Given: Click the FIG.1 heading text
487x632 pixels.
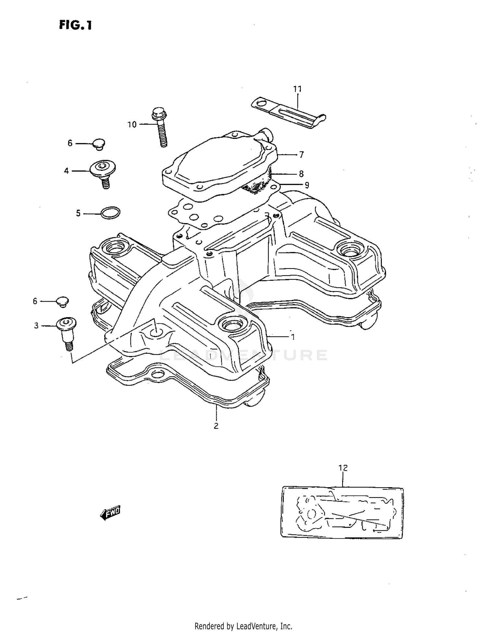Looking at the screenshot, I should click(75, 25).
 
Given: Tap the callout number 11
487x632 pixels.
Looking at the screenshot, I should click(297, 89).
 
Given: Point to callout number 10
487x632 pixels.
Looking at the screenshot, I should click(132, 125).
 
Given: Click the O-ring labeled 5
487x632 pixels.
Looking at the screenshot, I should click(110, 213).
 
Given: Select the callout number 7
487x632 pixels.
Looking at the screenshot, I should click(301, 155).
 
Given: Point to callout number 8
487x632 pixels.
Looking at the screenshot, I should click(301, 174).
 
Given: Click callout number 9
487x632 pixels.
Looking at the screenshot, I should click(306, 185).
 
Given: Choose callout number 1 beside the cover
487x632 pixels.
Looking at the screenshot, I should click(293, 337).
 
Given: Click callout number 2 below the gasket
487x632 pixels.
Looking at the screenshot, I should click(216, 426).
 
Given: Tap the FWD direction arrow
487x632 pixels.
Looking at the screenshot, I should click(110, 513).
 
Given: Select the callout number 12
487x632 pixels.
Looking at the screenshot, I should click(343, 468).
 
